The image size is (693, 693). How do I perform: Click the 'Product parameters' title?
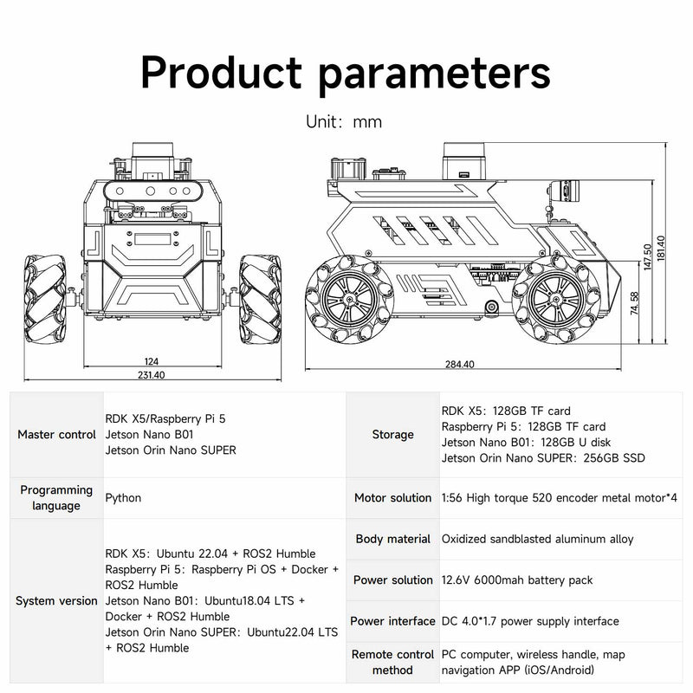coord(346,71)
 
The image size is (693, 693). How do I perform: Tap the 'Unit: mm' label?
coord(344,121)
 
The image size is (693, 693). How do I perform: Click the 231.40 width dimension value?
coord(151,375)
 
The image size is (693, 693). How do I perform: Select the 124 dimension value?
coord(151,360)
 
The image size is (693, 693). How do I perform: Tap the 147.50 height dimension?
coord(648,257)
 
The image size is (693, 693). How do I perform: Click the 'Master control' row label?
coord(56,434)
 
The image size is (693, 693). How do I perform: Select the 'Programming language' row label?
coord(56,497)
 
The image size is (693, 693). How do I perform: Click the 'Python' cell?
coord(123,498)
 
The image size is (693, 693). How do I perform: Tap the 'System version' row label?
coord(56,600)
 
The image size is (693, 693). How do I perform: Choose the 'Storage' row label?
coord(392,434)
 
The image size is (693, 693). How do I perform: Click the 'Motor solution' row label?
coord(392,498)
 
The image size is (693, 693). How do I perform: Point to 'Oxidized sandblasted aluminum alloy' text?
coord(537,539)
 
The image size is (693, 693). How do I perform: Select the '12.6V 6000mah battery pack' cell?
coord(517,580)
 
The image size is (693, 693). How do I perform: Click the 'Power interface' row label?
coord(392,621)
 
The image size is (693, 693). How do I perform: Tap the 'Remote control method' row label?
coord(392,663)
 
